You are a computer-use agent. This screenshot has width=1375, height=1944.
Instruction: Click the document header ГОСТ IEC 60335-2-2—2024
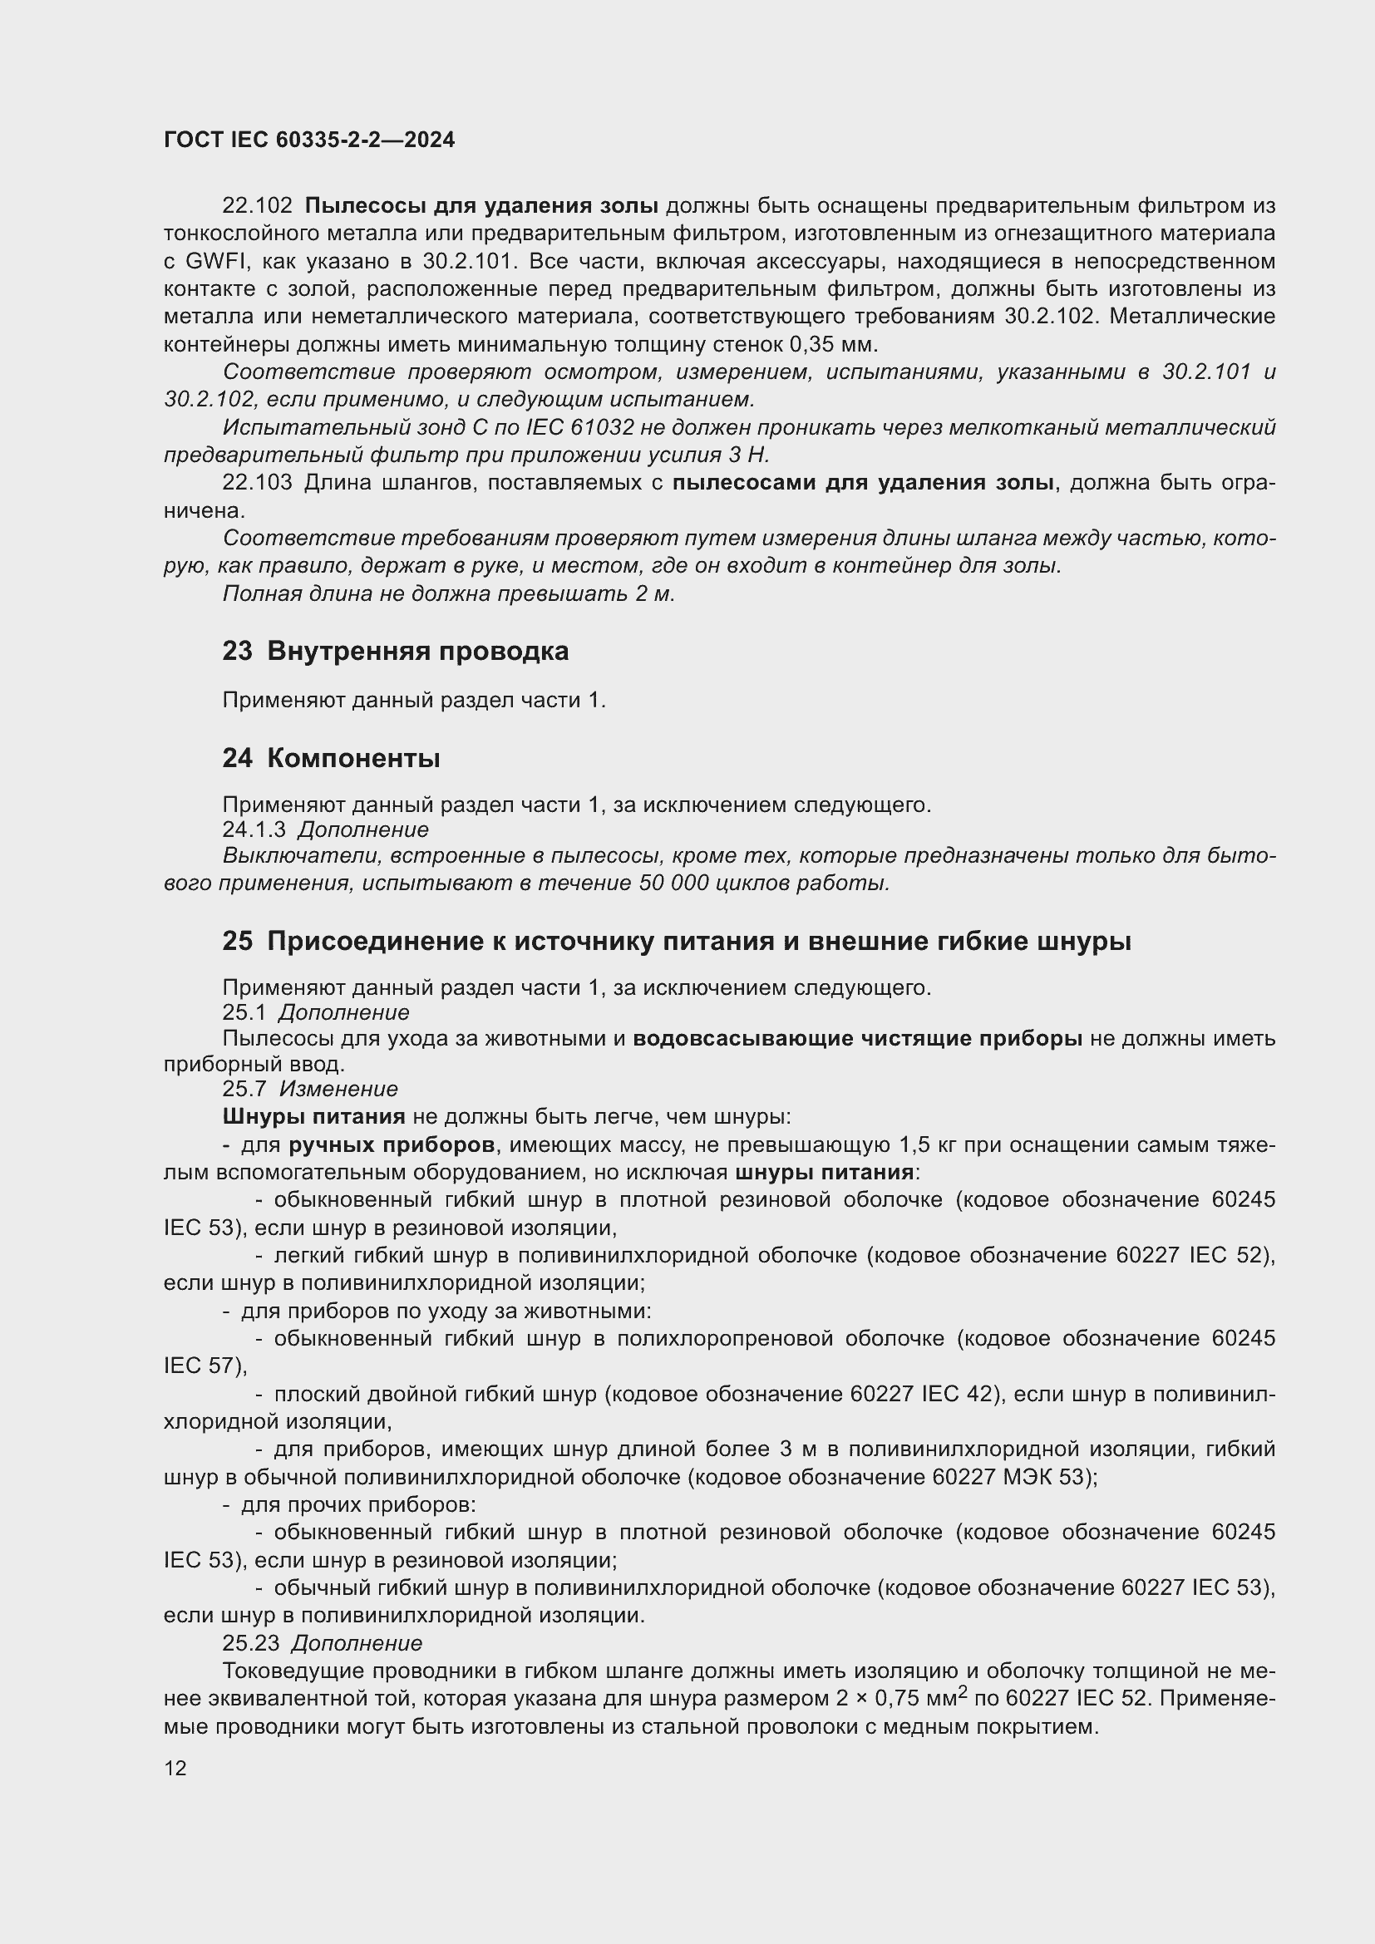pos(309,140)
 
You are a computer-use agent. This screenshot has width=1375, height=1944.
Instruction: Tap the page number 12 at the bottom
pos(175,1768)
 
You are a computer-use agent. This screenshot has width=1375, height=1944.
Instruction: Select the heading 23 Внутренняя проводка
pos(396,651)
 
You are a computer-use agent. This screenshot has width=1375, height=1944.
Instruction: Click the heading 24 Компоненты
pos(331,758)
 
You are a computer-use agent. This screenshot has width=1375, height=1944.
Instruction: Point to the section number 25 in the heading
pos(237,941)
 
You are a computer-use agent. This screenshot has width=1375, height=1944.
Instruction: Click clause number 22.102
pos(258,206)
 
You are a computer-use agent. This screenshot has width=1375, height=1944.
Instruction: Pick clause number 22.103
pos(258,483)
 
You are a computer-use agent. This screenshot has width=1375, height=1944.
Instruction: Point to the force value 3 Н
pos(748,455)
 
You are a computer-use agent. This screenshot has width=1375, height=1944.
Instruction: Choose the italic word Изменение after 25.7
pos(338,1089)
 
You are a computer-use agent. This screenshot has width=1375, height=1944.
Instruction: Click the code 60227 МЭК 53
pos(1008,1478)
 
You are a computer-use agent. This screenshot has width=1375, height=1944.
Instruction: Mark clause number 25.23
pos(250,1643)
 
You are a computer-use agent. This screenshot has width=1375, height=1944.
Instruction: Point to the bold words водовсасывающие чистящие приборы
pos(857,1038)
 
